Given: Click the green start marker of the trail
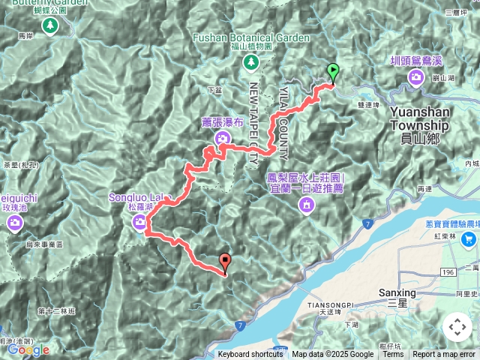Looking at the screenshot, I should point(332,73).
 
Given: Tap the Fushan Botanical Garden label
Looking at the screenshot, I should point(250,37).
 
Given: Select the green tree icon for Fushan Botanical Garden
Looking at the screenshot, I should point(251,64).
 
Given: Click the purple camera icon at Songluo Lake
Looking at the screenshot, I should point(140,221).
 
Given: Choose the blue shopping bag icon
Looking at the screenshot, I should point(469,239).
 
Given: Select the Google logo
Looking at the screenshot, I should point(28,349).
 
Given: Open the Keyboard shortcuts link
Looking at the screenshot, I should point(250,355).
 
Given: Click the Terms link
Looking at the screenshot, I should point(393,355).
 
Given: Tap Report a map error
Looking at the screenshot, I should point(444,355).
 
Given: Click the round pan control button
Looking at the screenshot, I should point(457,327).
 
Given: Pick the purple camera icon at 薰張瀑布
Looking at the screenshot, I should point(222,137).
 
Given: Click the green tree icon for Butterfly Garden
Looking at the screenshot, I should point(49,26).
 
